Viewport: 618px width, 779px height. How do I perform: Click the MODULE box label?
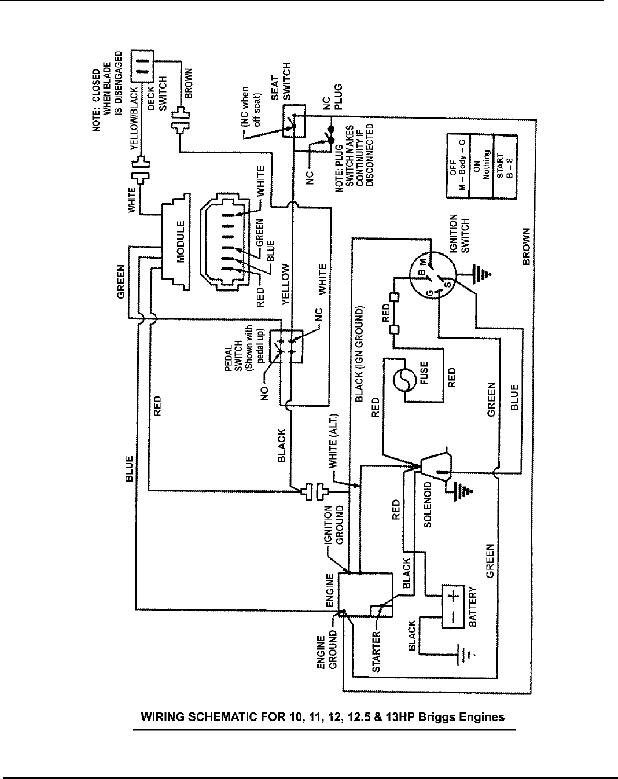pos(181,242)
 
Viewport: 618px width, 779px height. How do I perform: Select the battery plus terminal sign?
pos(455,596)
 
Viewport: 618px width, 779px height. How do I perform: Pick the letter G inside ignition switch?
pos(430,293)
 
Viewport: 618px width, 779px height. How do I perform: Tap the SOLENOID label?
pos(427,505)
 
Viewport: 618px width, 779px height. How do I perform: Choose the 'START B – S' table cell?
pos(505,167)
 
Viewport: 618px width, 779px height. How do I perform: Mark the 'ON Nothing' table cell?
pos(481,166)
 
